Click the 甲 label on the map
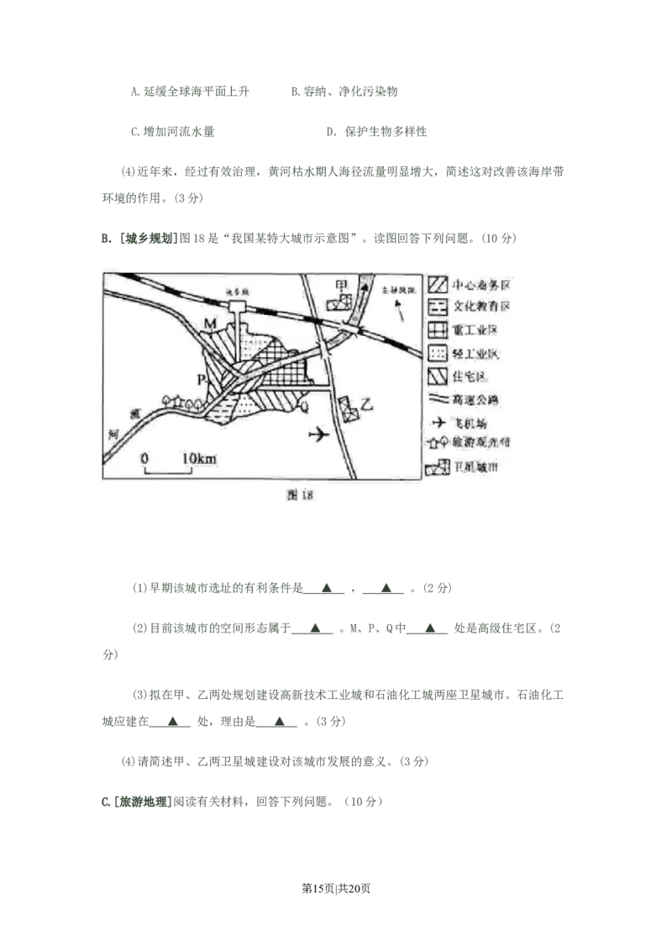pos(342,286)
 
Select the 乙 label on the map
pos(366,404)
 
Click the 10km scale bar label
pos(199,458)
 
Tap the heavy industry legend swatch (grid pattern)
pos(438,329)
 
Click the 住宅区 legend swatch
pos(438,376)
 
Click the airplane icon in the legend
pos(438,421)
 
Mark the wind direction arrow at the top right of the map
pos(403,315)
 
